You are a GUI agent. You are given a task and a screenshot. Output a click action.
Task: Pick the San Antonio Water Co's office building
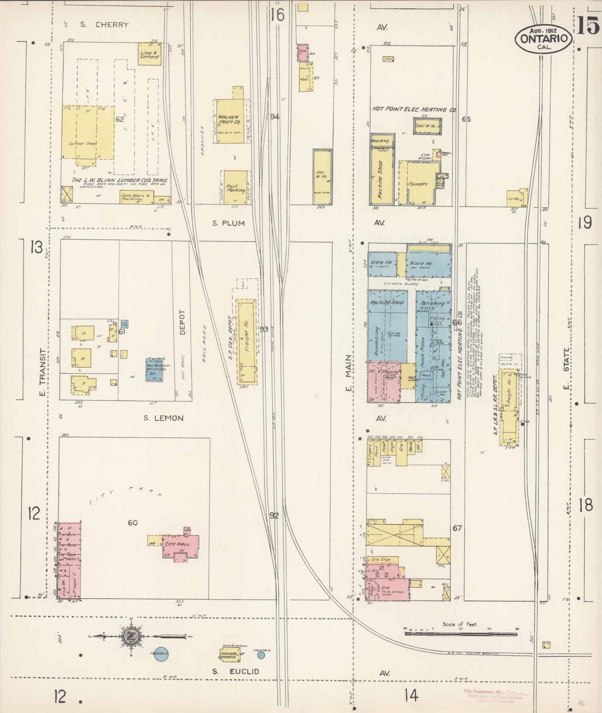155,369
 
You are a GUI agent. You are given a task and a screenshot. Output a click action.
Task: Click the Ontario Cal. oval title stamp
543,38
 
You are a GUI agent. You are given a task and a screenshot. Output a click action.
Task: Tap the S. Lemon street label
163,418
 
